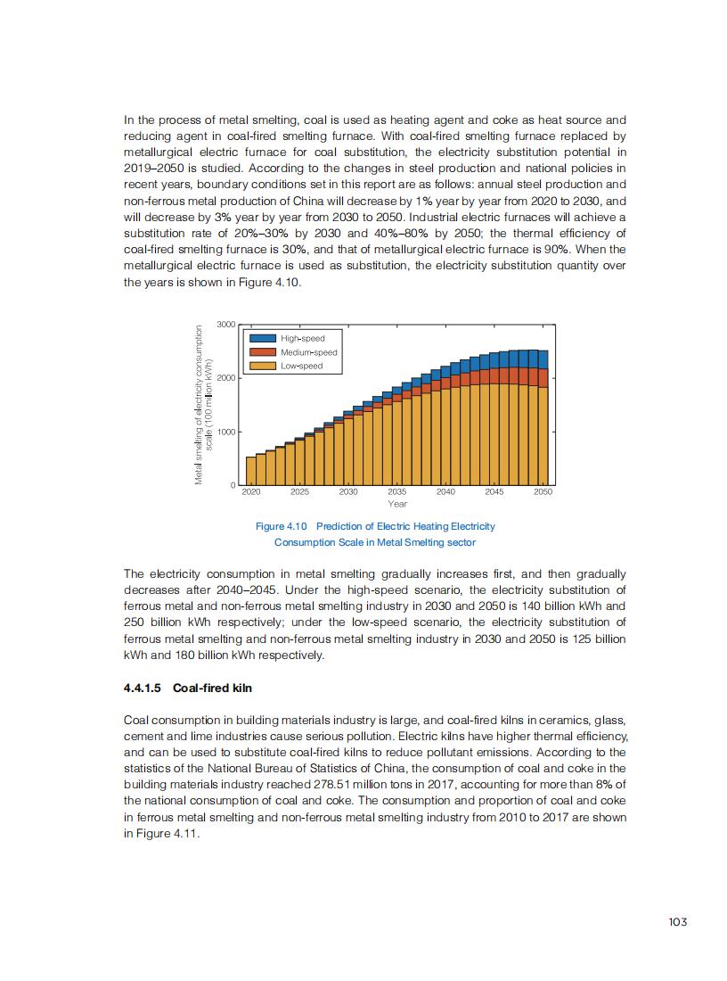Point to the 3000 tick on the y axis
tap(226, 325)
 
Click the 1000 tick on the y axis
tap(226, 432)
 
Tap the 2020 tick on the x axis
tap(251, 491)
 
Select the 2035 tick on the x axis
tap(397, 491)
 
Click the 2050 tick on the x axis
tap(543, 491)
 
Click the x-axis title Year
tap(397, 504)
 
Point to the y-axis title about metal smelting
tap(205, 405)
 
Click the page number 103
tap(677, 922)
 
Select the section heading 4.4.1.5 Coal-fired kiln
tap(188, 688)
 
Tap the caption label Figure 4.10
tap(281, 526)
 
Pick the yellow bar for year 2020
tap(251, 471)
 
